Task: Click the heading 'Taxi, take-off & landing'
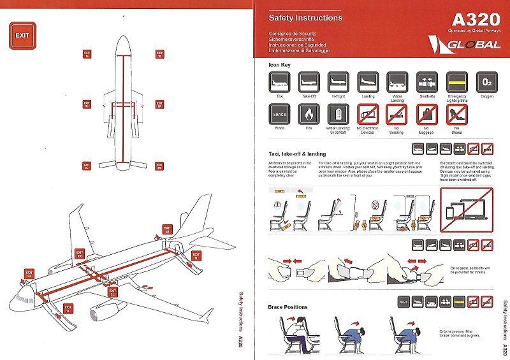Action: [298, 154]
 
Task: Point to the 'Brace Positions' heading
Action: [288, 306]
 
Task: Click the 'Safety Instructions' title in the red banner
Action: [305, 18]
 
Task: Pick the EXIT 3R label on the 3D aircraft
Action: [167, 229]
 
